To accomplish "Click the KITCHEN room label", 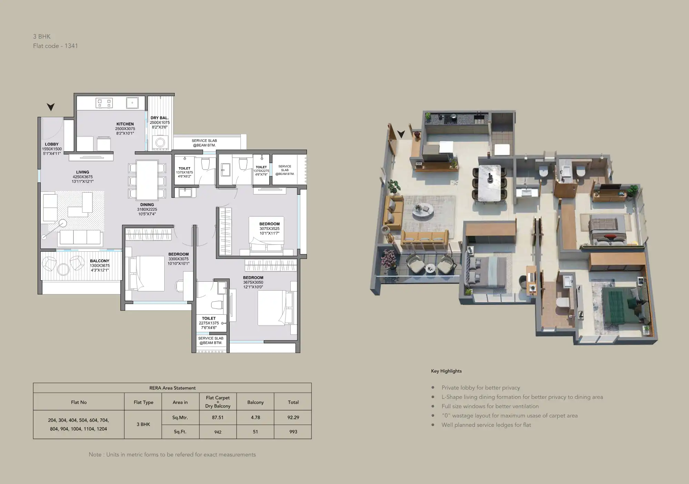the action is click(x=125, y=124).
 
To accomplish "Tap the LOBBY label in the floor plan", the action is click(x=52, y=144).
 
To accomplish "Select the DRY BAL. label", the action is click(x=160, y=118).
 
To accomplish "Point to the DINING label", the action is click(x=147, y=205).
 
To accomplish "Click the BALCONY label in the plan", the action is click(x=100, y=261).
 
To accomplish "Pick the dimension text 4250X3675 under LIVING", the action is click(x=83, y=177).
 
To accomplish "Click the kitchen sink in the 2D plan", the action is click(x=132, y=103).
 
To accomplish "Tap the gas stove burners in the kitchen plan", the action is click(x=104, y=103).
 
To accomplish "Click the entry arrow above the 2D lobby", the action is click(x=51, y=107).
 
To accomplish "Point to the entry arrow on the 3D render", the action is click(x=401, y=134).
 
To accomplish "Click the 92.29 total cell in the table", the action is click(x=293, y=417).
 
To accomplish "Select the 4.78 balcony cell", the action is click(x=256, y=417).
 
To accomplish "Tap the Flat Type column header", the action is click(x=143, y=402).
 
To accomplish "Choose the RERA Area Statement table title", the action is click(x=172, y=388).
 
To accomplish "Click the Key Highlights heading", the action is click(x=446, y=371).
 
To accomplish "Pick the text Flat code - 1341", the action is click(x=56, y=46).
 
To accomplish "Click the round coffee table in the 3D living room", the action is click(x=423, y=210).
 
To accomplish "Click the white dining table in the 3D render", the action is click(x=489, y=183).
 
